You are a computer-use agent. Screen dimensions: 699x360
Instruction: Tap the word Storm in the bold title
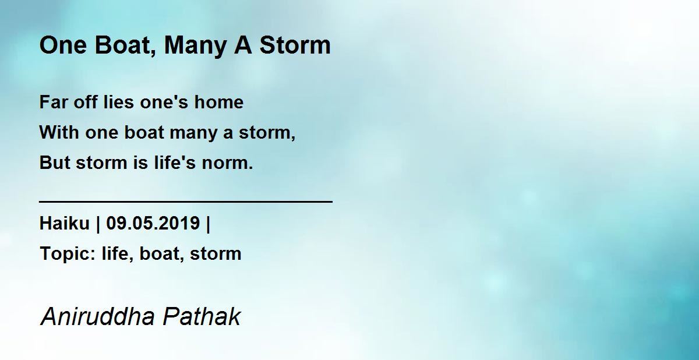[x=295, y=45]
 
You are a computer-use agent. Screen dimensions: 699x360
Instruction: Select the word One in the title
[x=63, y=45]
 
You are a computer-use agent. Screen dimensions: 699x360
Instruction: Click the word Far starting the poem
[x=53, y=102]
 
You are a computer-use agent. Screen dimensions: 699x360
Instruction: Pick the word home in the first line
[x=219, y=102]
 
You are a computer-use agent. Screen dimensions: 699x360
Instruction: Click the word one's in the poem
[x=164, y=102]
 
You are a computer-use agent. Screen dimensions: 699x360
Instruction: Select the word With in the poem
[x=59, y=132]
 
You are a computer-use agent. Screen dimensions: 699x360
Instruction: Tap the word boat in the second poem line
[x=144, y=132]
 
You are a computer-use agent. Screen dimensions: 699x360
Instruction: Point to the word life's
[x=175, y=163]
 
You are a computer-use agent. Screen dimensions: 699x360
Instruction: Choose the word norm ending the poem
[x=225, y=163]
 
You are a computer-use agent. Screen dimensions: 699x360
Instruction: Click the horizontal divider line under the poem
[x=186, y=202]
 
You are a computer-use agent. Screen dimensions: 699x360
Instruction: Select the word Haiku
[x=65, y=223]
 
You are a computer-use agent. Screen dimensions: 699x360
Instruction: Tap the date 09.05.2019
[x=153, y=223]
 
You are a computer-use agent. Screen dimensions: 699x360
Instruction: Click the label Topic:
[x=68, y=254]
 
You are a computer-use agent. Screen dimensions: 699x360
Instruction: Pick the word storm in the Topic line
[x=216, y=253]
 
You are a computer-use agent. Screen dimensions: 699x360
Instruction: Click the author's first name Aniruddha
[x=98, y=316]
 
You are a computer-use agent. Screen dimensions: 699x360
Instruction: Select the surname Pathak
[x=202, y=316]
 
